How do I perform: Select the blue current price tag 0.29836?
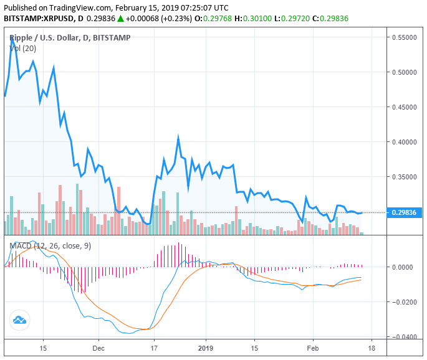click(x=406, y=212)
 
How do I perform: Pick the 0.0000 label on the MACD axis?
click(x=406, y=267)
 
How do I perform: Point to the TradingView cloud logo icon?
click(x=19, y=321)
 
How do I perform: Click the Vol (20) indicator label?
click(x=21, y=49)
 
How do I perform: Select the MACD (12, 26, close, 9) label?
click(x=50, y=245)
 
